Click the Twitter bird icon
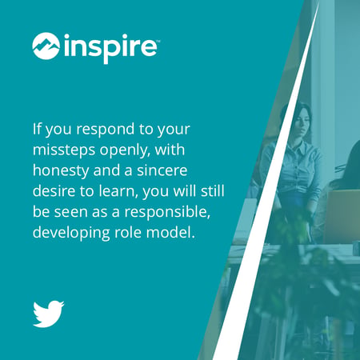(x=48, y=314)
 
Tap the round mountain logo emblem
(x=46, y=46)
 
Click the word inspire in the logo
(x=110, y=49)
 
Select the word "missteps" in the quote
(x=64, y=150)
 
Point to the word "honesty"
(x=61, y=171)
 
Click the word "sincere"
(x=162, y=170)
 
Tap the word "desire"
(x=54, y=191)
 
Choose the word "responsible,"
(x=167, y=212)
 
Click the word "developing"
(x=71, y=233)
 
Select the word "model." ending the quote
(x=170, y=232)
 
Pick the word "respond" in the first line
(x=106, y=130)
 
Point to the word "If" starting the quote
(x=37, y=129)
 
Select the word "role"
(x=128, y=232)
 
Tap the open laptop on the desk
(x=342, y=217)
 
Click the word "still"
(x=213, y=191)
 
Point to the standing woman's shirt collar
(x=297, y=146)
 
